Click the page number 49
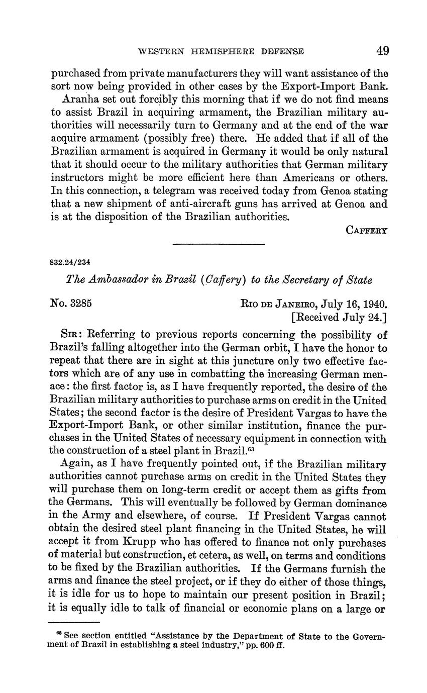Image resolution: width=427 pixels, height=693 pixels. click(382, 51)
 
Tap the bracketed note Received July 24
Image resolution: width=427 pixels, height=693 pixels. click(339, 317)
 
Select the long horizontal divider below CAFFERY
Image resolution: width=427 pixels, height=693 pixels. click(219, 244)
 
